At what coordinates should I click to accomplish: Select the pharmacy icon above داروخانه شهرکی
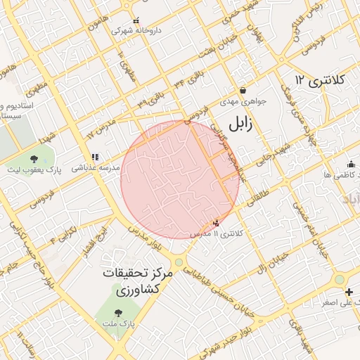[136, 21]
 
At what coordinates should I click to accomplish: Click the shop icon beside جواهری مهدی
[243, 91]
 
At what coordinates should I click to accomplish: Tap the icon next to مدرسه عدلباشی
[94, 157]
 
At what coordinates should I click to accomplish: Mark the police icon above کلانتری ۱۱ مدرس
[216, 223]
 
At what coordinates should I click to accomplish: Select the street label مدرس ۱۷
[100, 127]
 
